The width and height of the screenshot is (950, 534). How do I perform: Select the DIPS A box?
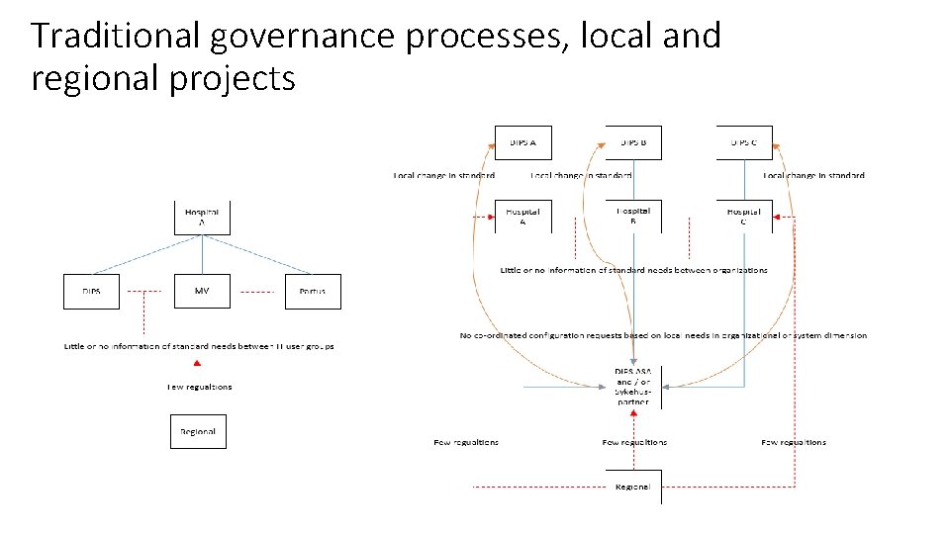[523, 142]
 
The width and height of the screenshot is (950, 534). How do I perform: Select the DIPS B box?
[633, 142]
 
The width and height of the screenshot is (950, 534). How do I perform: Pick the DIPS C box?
[744, 142]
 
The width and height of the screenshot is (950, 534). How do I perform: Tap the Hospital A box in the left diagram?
[202, 218]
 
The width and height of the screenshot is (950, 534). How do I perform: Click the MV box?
[202, 292]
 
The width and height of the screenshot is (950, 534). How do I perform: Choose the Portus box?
[313, 292]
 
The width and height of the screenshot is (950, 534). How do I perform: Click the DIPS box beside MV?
[91, 292]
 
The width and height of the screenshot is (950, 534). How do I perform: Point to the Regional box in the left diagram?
[198, 432]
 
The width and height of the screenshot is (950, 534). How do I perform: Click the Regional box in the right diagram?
[633, 487]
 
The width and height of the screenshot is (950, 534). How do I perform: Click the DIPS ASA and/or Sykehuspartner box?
[633, 386]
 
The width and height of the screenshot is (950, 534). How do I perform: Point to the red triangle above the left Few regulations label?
[199, 365]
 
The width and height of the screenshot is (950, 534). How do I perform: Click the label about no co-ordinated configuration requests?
[663, 335]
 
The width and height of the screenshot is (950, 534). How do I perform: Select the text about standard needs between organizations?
[633, 270]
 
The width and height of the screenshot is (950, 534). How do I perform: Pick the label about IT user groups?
[199, 346]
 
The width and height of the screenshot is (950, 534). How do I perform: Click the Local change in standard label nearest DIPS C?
[813, 176]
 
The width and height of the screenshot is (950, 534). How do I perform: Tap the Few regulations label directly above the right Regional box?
[634, 442]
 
